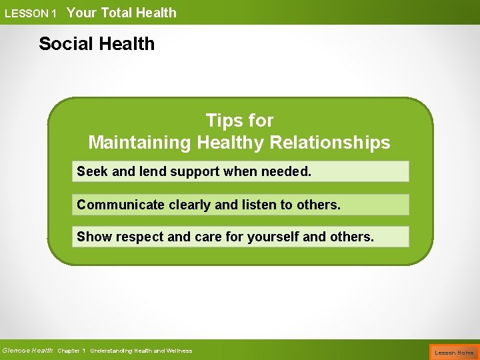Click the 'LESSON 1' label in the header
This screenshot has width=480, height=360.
tap(31, 13)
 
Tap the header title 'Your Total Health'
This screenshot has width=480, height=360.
tap(121, 13)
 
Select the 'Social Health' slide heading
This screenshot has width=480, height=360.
tap(97, 44)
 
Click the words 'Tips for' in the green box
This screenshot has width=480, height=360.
tap(239, 121)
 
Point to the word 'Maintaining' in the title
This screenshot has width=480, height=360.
tap(140, 143)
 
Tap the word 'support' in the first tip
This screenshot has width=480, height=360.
tap(195, 172)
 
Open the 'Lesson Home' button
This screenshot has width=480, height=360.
tap(454, 352)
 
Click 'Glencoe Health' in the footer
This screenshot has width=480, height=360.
tap(27, 351)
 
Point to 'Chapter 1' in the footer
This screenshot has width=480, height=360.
tap(71, 351)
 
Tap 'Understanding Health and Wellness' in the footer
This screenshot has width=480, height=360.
tap(141, 351)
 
